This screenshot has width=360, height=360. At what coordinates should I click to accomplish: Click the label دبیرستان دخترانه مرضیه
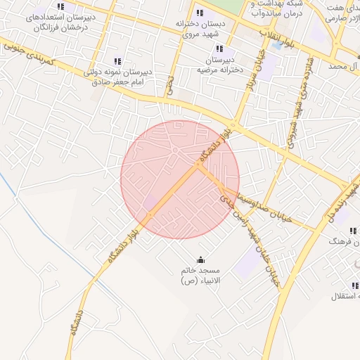tap(220, 65)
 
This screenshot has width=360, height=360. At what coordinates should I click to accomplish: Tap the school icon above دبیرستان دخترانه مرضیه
tap(220, 49)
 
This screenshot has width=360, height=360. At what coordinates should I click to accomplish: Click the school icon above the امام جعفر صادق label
tap(117, 61)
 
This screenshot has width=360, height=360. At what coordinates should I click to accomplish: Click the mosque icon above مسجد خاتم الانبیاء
tap(201, 259)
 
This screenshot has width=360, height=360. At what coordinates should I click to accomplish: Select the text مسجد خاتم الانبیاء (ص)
tap(200, 276)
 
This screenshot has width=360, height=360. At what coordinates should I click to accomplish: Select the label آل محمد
tap(348, 66)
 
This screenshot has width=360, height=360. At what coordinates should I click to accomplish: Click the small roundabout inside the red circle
tap(174, 150)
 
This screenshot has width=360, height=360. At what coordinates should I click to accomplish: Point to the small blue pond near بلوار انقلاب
tap(286, 45)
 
